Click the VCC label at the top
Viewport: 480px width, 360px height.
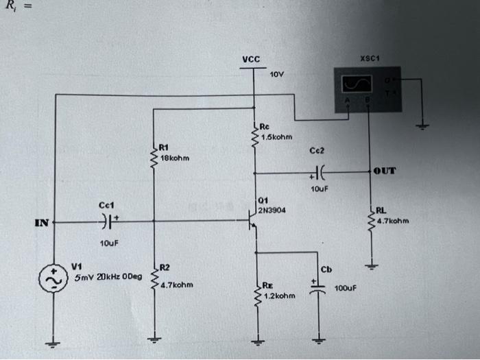[x=251, y=60]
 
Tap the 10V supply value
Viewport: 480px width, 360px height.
[x=276, y=73]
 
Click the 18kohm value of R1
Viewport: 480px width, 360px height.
[x=173, y=158]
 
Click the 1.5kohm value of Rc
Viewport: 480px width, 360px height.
[x=277, y=136]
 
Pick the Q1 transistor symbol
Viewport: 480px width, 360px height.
[x=251, y=221]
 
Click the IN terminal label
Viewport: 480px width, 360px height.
[x=41, y=222]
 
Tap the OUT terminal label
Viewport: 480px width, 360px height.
[x=385, y=171]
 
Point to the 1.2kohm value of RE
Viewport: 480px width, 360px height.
[x=278, y=296]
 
